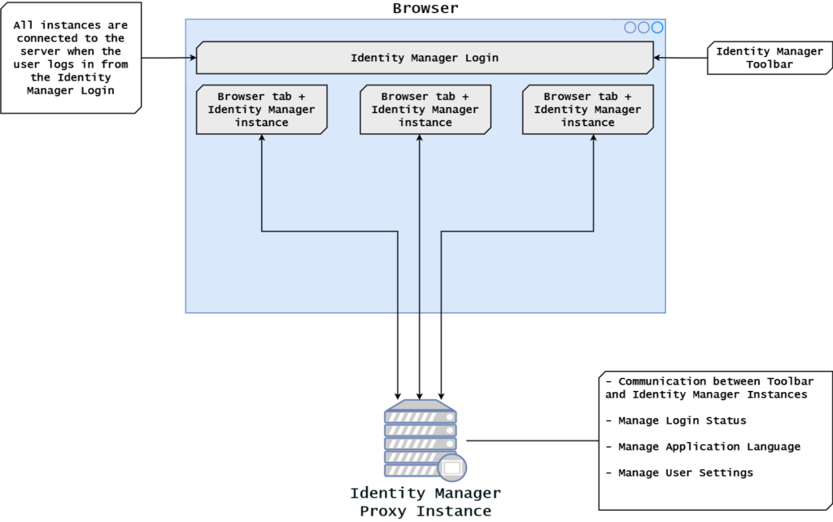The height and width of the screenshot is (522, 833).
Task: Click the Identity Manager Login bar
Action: tap(424, 58)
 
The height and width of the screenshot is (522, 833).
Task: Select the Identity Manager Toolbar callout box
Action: tap(769, 58)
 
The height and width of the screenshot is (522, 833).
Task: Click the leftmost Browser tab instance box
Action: tap(261, 109)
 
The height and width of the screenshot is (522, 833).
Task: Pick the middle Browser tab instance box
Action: tap(425, 109)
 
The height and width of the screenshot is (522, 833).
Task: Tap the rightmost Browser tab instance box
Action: tap(587, 109)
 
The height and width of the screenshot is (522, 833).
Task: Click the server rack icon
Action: tap(420, 439)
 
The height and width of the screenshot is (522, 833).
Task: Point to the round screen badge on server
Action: tap(451, 468)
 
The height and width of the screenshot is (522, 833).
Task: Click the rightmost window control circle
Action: tap(657, 28)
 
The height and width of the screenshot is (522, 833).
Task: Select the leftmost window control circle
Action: tap(630, 28)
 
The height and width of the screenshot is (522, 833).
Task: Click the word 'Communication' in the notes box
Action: tap(661, 381)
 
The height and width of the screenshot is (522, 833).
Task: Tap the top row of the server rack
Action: tap(420, 416)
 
